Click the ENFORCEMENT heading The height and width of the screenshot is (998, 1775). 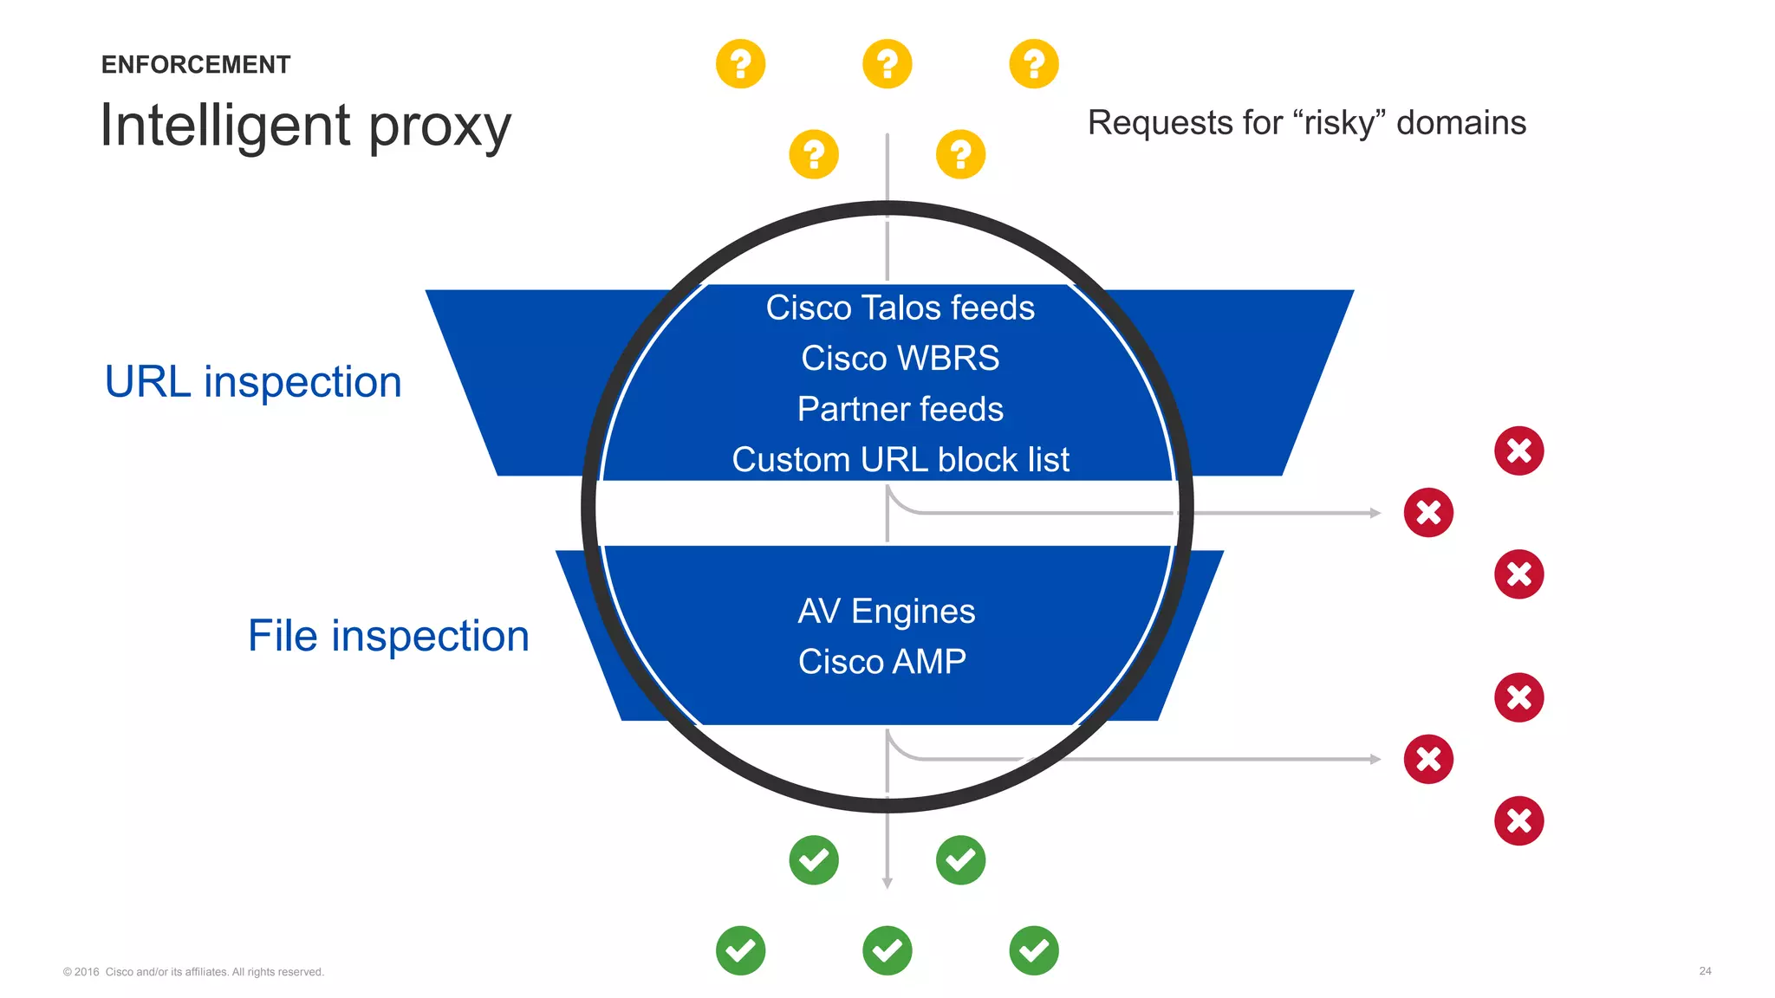click(x=196, y=65)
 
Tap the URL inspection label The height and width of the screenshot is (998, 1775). click(x=253, y=382)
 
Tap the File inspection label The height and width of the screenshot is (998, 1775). click(x=388, y=636)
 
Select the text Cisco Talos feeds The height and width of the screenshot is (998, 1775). click(x=900, y=308)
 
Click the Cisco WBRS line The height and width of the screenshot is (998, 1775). click(x=900, y=359)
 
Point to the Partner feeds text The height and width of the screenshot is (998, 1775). click(x=900, y=409)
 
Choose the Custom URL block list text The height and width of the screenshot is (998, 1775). click(x=900, y=460)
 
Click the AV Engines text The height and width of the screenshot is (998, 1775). click(x=886, y=612)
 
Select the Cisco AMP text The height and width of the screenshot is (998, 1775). click(x=881, y=662)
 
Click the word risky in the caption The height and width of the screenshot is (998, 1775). click(x=1340, y=123)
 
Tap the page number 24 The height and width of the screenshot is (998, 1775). click(x=1705, y=971)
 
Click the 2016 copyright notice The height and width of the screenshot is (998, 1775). click(x=193, y=972)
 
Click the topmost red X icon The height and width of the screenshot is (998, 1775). click(x=1518, y=450)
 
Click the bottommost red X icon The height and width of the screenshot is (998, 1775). click(x=1518, y=820)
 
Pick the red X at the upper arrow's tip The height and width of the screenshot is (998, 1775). click(x=1428, y=513)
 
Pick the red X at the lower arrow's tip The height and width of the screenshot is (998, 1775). click(x=1428, y=760)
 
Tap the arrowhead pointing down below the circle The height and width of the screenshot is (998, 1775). click(x=887, y=883)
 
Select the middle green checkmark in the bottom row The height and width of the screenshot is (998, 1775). click(x=887, y=950)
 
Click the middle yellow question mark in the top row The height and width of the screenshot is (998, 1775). click(x=887, y=64)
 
